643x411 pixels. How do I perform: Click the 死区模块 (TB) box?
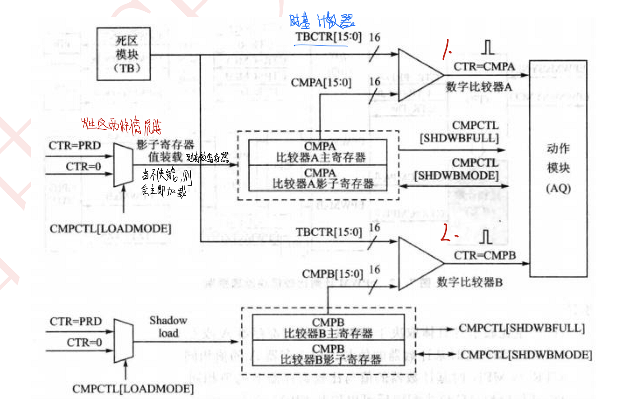124,54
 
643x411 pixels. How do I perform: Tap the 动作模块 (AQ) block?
558,168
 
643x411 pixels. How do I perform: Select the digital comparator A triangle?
418,75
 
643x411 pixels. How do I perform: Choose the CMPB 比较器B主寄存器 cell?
328,328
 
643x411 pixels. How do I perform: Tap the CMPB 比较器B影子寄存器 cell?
328,354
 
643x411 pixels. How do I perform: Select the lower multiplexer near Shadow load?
124,341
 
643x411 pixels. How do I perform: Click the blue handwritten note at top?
322,21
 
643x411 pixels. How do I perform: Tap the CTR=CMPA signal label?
484,67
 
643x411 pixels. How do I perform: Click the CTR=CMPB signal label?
485,256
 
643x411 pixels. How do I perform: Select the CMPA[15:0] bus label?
321,83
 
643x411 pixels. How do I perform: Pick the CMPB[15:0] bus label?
332,274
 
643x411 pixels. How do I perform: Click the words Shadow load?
168,327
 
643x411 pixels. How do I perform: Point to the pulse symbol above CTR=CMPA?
487,47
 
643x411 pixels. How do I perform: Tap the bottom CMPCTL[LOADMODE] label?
133,388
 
